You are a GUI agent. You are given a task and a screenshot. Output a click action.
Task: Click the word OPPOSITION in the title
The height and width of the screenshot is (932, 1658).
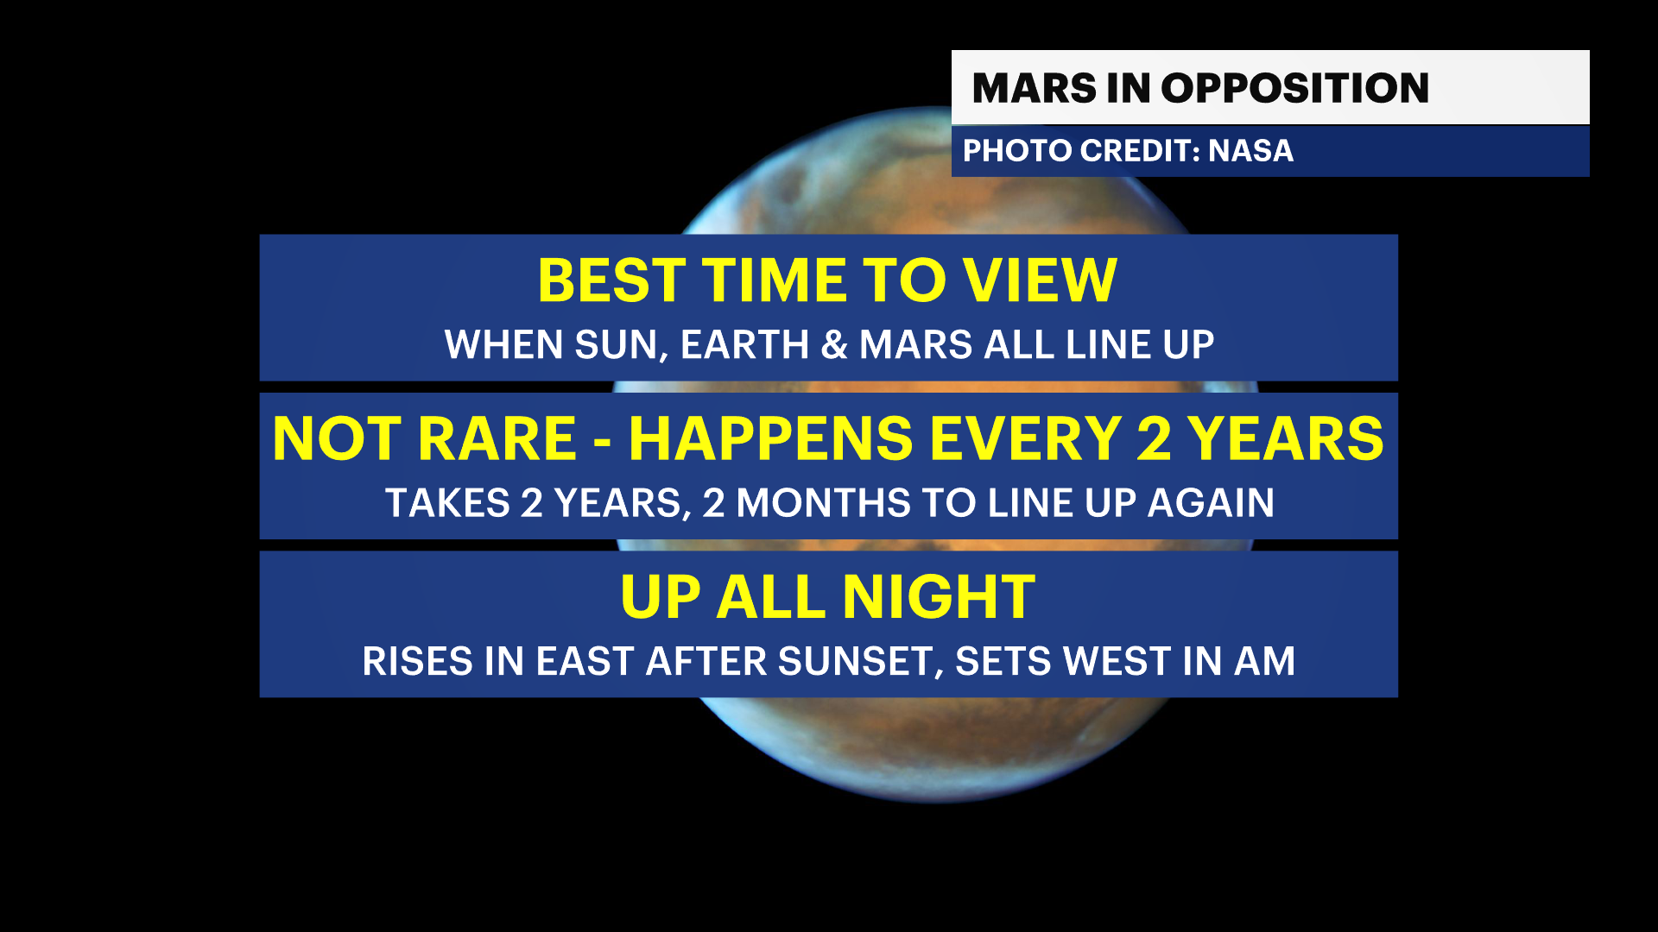tap(1294, 88)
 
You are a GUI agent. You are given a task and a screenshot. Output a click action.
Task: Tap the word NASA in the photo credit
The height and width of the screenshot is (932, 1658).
tap(1250, 151)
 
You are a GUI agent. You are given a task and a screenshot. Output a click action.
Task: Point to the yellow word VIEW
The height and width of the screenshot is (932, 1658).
tap(1040, 280)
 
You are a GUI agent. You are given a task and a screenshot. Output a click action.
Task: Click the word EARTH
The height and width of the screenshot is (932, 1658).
tap(744, 345)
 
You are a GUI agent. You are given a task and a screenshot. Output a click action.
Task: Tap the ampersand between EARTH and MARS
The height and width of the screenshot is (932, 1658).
tap(834, 345)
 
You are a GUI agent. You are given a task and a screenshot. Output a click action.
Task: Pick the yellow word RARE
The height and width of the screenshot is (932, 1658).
tap(497, 438)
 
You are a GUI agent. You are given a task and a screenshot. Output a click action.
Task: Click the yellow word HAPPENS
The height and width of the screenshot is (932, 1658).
tap(770, 438)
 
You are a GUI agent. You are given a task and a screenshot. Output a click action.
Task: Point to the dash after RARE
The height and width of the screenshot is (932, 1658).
tap(603, 443)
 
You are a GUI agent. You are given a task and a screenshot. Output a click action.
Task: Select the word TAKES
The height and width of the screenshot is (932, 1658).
tap(447, 503)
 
